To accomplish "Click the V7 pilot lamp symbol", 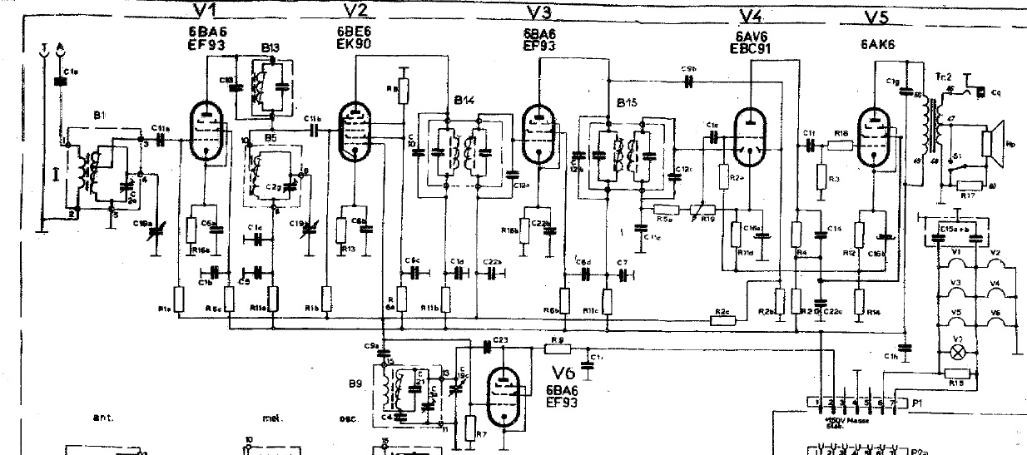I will point(958,352).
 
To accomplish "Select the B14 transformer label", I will point(463,100).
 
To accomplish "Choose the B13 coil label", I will point(269,48).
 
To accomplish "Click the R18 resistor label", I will point(841,132).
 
